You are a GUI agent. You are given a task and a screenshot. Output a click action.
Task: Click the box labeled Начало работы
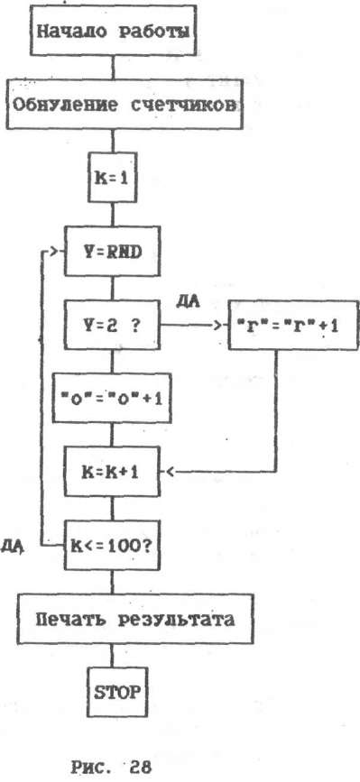(x=114, y=32)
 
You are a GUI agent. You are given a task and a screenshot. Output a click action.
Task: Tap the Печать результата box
(x=135, y=620)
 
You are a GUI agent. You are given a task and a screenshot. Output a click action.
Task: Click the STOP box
(x=115, y=693)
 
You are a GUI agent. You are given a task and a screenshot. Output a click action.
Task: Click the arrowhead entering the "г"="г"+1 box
(x=217, y=326)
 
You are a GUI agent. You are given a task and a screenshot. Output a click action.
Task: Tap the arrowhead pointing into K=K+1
(x=170, y=472)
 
